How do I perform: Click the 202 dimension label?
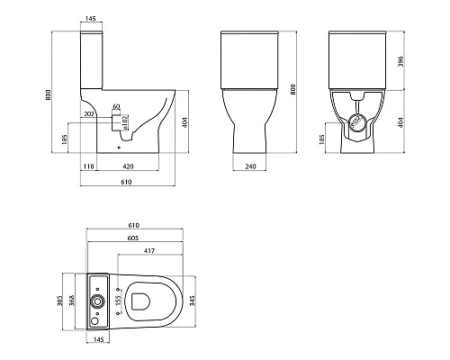(x=88, y=115)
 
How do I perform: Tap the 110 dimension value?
(x=88, y=167)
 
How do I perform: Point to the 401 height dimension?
(x=184, y=121)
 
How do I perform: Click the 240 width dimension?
(x=252, y=167)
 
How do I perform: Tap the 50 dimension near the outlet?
(x=116, y=107)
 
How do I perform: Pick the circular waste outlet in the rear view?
(x=359, y=124)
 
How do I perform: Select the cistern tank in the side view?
(x=93, y=58)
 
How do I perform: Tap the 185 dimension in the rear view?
(x=322, y=142)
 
